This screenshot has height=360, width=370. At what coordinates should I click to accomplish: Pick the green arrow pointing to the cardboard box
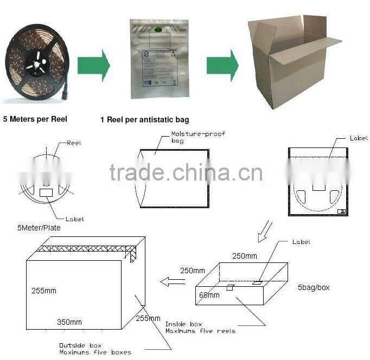click(222, 65)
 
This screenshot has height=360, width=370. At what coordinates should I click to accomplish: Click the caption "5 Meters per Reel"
click(35, 119)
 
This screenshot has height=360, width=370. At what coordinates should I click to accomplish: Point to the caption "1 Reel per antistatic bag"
click(144, 119)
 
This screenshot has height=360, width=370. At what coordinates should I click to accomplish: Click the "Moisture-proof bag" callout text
click(190, 137)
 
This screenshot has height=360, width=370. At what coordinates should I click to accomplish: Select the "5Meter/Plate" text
click(39, 228)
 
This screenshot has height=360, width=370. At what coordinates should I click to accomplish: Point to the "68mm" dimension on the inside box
click(209, 295)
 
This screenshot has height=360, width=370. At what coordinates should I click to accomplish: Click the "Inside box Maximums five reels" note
click(200, 327)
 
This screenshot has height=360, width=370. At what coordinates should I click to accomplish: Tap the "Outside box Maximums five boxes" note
click(95, 349)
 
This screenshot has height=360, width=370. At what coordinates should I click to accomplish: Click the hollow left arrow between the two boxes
click(172, 281)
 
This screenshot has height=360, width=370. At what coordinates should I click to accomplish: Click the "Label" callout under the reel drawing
click(74, 219)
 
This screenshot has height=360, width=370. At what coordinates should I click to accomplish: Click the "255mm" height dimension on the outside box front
click(43, 291)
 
